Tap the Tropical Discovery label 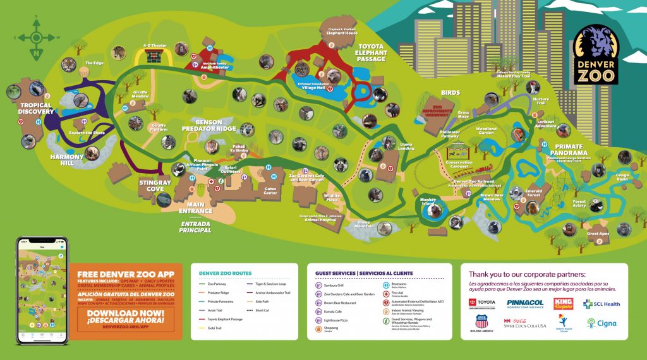click(x=35, y=109)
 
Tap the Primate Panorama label click(x=569, y=149)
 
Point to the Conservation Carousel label click(x=459, y=165)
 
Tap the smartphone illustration click(x=42, y=291)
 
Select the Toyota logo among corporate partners click(x=482, y=304)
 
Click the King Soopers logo click(x=563, y=304)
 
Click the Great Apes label click(x=598, y=234)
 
